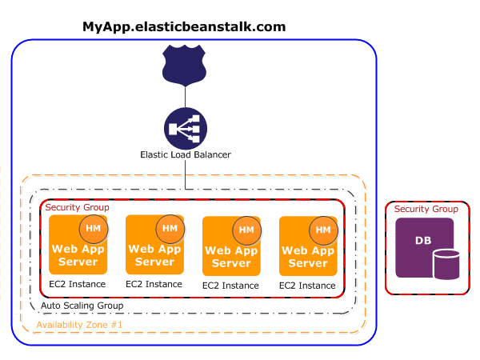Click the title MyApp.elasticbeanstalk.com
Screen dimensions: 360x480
(x=184, y=26)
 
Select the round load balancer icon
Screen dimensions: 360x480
(x=185, y=128)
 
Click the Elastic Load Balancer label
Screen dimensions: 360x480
(x=185, y=154)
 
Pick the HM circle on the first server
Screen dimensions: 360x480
(x=93, y=229)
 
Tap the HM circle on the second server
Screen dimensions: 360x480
(x=170, y=229)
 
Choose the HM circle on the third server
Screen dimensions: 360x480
(x=246, y=230)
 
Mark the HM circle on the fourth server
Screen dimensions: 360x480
(x=323, y=230)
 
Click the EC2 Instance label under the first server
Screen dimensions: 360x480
(x=77, y=284)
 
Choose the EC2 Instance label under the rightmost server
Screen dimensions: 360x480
(x=308, y=285)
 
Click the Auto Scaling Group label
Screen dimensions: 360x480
(x=82, y=306)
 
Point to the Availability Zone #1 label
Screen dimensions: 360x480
(x=79, y=325)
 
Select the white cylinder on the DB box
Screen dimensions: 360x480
(x=446, y=265)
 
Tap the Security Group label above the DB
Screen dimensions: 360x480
(x=426, y=209)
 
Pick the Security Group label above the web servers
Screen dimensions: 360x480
(x=77, y=207)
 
